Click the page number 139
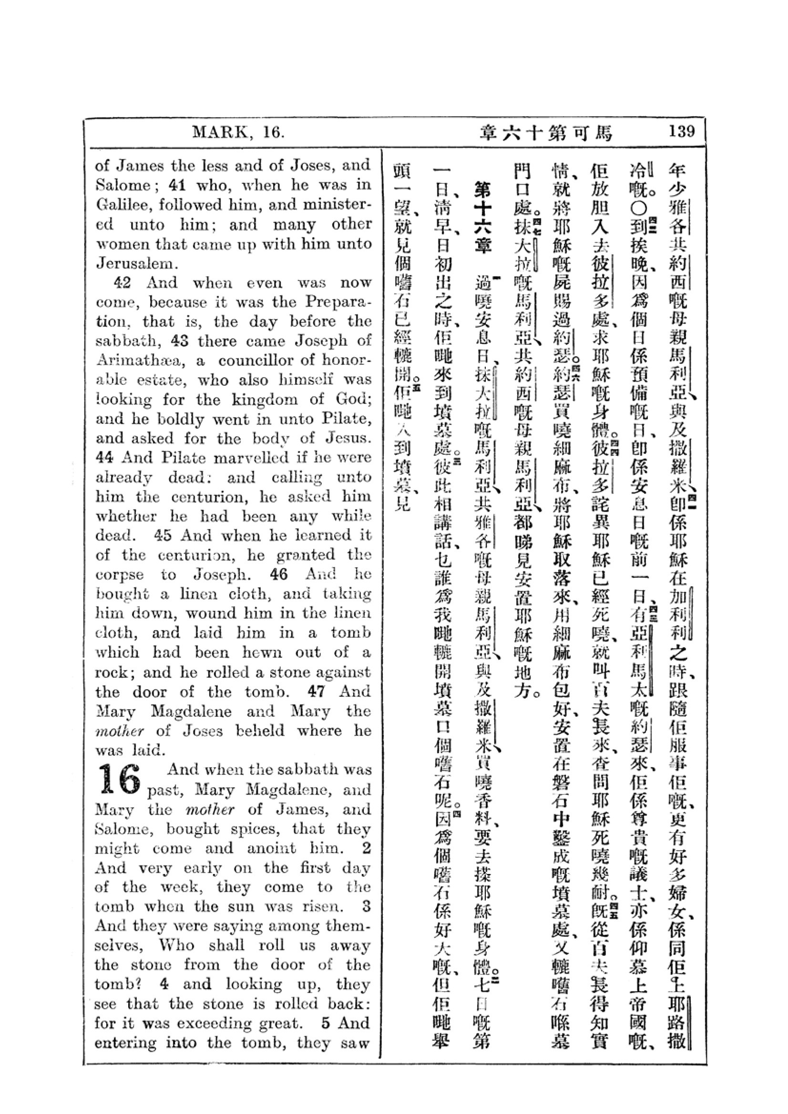coord(681,131)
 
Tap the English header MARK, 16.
coord(238,132)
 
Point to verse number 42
coord(122,283)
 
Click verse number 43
coord(180,341)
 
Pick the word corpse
coord(120,575)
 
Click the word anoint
coord(270,848)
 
